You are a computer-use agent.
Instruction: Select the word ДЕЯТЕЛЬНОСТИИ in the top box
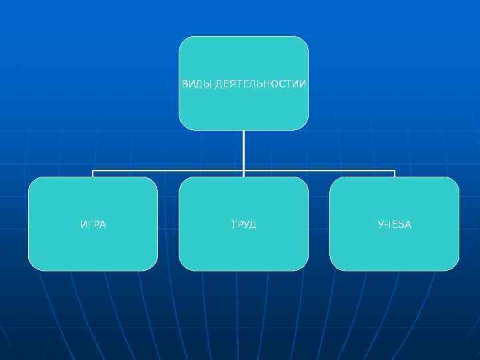pyautogui.click(x=261, y=84)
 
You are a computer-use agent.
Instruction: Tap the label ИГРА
pyautogui.click(x=93, y=225)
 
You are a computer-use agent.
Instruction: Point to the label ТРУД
pyautogui.click(x=243, y=225)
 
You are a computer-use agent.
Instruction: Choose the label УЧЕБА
pyautogui.click(x=395, y=225)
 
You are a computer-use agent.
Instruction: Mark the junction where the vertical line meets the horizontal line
pyautogui.click(x=243, y=171)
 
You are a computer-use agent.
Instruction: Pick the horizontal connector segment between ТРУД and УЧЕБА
pyautogui.click(x=319, y=171)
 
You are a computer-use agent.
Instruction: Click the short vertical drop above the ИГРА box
pyautogui.click(x=93, y=174)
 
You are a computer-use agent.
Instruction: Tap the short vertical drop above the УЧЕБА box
pyautogui.click(x=395, y=174)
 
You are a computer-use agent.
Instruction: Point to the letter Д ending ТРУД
pyautogui.click(x=253, y=225)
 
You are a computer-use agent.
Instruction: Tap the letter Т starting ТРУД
pyautogui.click(x=234, y=225)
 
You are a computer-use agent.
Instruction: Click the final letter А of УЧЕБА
pyautogui.click(x=408, y=225)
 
